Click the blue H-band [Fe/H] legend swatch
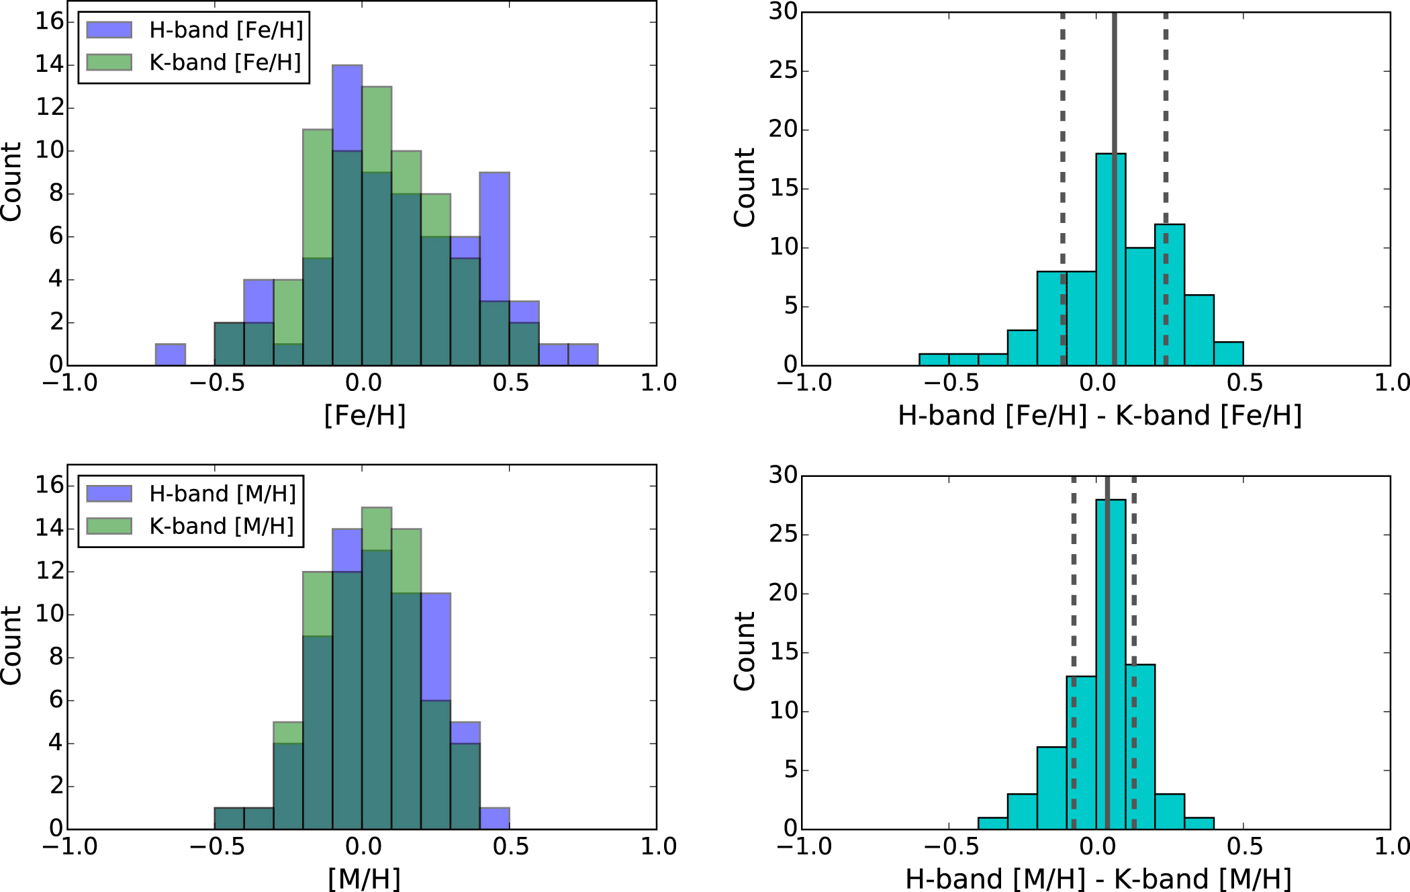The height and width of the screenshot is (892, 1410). (109, 30)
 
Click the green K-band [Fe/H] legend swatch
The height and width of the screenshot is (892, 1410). (109, 62)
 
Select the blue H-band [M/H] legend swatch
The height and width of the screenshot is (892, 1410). (109, 494)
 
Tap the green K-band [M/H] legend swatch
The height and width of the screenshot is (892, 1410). (109, 526)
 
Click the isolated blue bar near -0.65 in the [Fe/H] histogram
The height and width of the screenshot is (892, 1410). (171, 355)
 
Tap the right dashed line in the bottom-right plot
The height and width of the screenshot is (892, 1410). (1134, 571)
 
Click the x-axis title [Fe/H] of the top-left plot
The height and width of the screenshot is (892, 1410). (365, 415)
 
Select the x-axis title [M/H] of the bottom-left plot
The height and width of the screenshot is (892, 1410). (364, 879)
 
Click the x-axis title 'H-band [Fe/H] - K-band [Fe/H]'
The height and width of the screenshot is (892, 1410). (1100, 415)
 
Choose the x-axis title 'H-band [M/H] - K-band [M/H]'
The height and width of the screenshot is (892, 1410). (1098, 879)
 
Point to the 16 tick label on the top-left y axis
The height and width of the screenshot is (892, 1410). (49, 21)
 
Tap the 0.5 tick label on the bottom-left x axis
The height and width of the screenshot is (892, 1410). (510, 846)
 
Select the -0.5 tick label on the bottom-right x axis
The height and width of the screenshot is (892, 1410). (951, 846)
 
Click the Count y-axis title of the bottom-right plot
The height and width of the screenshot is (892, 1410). (744, 651)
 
